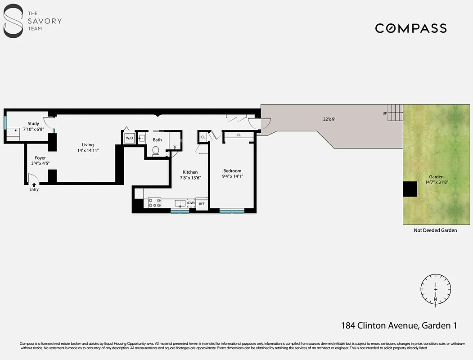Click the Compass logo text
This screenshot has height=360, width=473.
pos(411,28)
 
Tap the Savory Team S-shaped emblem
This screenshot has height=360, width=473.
pos(14,21)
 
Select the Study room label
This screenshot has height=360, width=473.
pos(33,124)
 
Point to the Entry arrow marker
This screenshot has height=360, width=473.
pos(34,184)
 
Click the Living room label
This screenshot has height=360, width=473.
pos(88,145)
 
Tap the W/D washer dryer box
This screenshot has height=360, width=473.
pos(129,138)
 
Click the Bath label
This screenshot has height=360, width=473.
pos(157,140)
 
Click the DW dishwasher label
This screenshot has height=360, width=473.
pos(191,203)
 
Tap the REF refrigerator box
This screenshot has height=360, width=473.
pos(202,204)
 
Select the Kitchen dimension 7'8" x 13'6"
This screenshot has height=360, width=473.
pos(190,178)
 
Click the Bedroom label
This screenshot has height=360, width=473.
pos(232,171)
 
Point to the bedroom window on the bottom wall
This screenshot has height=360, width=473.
pos(232,211)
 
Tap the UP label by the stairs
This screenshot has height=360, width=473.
pos(385,113)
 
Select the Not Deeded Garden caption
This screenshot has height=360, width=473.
pos(435,230)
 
